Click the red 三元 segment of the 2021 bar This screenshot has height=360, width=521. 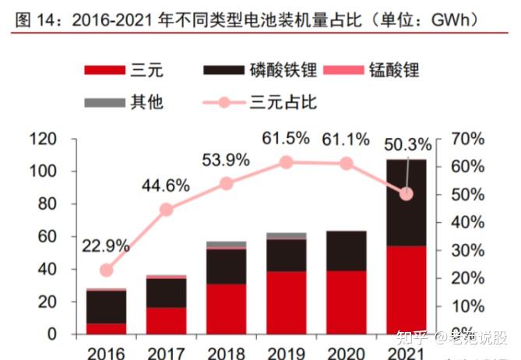407,289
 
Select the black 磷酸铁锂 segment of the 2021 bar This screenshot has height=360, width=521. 407,203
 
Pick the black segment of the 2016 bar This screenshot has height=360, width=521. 106,307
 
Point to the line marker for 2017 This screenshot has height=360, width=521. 166,210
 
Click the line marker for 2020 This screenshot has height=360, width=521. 347,164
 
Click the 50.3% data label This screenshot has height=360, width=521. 406,145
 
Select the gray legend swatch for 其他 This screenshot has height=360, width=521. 104,102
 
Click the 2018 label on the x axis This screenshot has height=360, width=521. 226,353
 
